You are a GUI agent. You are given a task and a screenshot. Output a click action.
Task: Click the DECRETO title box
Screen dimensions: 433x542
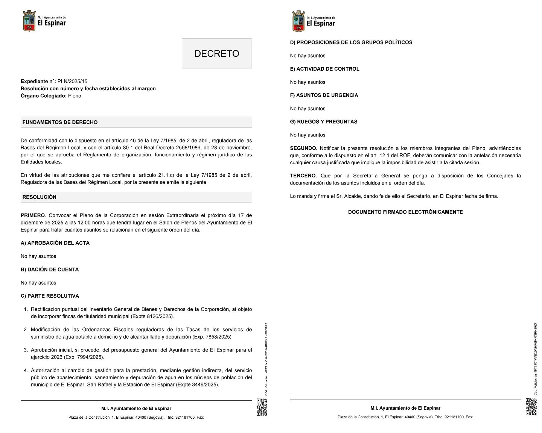click(217, 53)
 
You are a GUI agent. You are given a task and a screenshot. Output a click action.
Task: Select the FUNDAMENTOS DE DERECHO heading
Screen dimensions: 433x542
click(60, 122)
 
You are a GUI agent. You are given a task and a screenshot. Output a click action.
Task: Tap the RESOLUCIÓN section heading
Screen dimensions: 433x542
click(39, 197)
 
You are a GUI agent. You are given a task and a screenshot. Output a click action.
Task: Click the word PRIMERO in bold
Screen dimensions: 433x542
click(33, 215)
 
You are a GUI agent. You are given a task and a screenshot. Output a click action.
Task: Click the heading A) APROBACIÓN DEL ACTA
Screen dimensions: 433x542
click(55, 243)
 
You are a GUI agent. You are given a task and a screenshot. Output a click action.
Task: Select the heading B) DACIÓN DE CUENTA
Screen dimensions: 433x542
click(50, 269)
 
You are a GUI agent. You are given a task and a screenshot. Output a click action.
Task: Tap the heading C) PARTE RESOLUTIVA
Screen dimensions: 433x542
click(50, 296)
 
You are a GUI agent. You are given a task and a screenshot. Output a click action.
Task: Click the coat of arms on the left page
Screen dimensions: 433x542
click(29, 21)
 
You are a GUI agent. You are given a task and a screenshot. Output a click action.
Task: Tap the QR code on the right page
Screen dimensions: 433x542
click(531, 407)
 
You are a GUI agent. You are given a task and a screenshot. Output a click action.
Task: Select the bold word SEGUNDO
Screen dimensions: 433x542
click(303, 148)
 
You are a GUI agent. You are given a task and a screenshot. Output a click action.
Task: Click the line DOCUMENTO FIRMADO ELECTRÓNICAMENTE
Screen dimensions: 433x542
click(405, 212)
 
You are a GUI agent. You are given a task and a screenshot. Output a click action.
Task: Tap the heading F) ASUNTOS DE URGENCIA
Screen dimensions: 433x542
click(324, 95)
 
